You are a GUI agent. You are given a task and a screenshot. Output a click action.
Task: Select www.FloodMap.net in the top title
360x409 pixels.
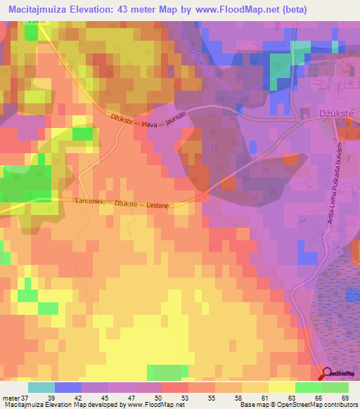point(262,11)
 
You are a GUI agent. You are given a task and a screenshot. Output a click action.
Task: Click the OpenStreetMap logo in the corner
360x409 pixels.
point(340,373)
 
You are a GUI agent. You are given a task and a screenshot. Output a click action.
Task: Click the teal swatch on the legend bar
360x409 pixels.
point(41,388)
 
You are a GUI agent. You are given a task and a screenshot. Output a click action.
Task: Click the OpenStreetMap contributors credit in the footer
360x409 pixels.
point(316,405)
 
